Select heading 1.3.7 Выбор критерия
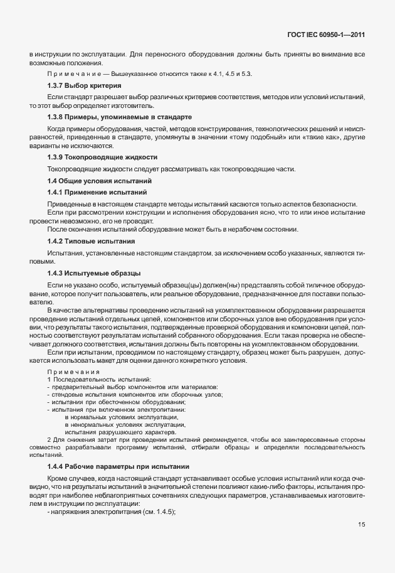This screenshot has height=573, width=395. [x=84, y=85]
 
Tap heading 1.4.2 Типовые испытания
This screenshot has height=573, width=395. [x=91, y=241]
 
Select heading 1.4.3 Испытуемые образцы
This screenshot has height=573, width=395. [x=94, y=273]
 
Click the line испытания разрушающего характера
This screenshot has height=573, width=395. [x=120, y=432]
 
